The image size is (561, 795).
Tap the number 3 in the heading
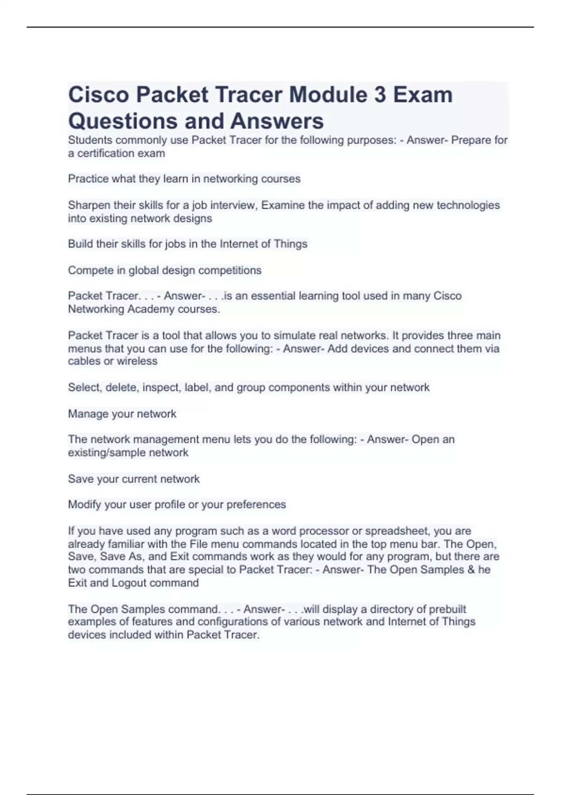click(x=380, y=95)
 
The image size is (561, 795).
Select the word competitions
click(x=230, y=270)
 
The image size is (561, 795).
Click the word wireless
click(x=137, y=361)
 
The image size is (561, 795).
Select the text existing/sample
click(x=106, y=453)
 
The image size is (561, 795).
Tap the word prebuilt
click(x=447, y=609)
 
